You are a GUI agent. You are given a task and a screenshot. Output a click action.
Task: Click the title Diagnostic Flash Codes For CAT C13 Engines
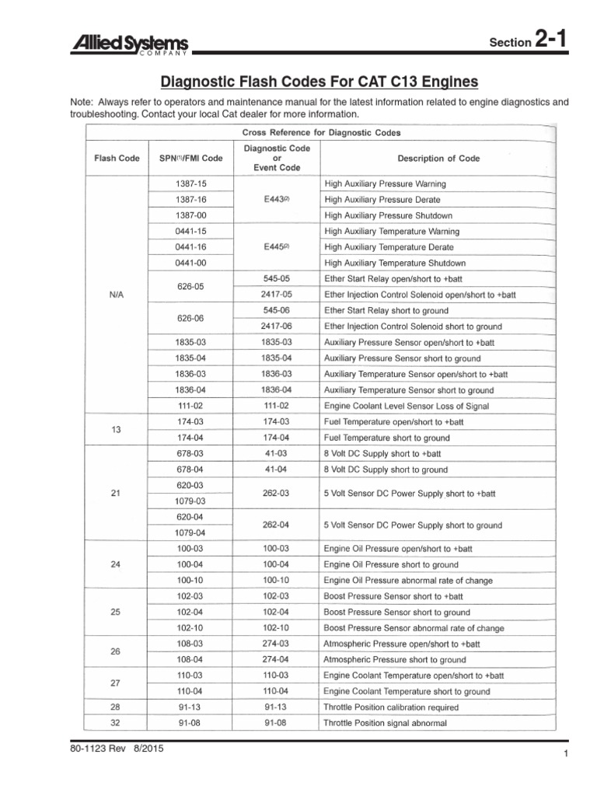point(319,82)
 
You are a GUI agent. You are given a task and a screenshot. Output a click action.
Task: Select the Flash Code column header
point(117,158)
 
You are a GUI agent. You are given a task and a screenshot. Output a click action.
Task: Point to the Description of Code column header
point(438,158)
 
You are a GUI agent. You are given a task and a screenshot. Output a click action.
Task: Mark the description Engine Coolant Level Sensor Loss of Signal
point(406,406)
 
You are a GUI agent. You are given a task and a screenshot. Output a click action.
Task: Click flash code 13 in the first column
point(117,430)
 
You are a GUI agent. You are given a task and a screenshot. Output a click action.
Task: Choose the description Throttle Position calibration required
point(391,707)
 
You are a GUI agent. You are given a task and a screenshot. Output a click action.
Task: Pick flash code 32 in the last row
point(117,723)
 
